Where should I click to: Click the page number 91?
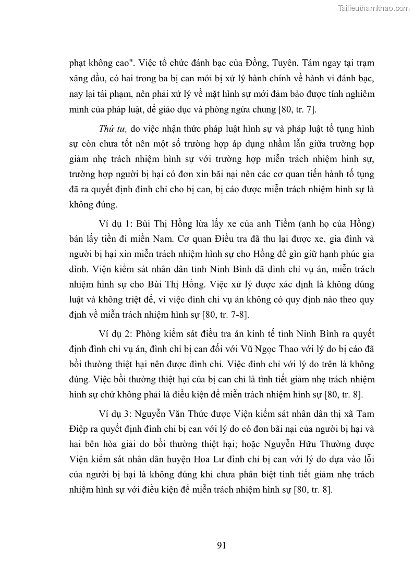pos(221,545)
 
